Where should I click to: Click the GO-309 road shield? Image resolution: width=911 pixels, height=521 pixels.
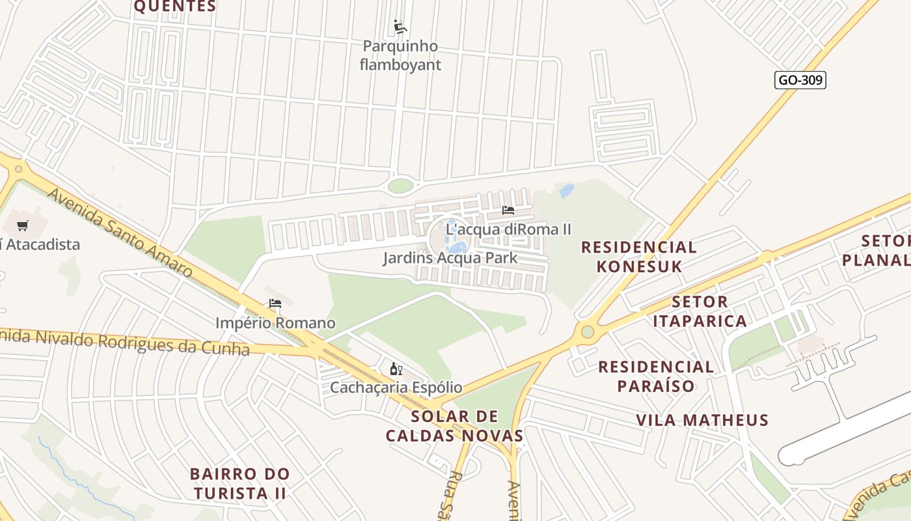pyautogui.click(x=800, y=80)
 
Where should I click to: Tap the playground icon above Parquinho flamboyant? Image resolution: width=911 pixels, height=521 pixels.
pyautogui.click(x=400, y=27)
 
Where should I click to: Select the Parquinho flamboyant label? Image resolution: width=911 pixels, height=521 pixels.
pyautogui.click(x=400, y=55)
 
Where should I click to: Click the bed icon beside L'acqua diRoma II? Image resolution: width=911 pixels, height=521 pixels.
pyautogui.click(x=508, y=210)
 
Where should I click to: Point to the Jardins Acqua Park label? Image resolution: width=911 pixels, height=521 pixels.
pyautogui.click(x=450, y=258)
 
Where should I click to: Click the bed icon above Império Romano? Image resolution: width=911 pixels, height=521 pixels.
pyautogui.click(x=275, y=303)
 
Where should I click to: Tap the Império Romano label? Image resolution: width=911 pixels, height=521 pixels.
pyautogui.click(x=275, y=323)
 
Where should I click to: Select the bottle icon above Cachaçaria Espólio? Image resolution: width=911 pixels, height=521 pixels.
pyautogui.click(x=395, y=369)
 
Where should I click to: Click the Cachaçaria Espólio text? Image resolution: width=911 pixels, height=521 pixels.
pyautogui.click(x=396, y=387)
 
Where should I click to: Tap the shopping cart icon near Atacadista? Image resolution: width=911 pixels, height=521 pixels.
pyautogui.click(x=23, y=226)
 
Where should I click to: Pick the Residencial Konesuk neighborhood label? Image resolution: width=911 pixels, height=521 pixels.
pyautogui.click(x=638, y=257)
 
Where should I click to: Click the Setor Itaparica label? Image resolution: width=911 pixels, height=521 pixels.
pyautogui.click(x=700, y=311)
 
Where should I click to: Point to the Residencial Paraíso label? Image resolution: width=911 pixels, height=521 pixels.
pyautogui.click(x=656, y=376)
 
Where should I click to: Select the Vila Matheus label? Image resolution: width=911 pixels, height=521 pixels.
pyautogui.click(x=702, y=420)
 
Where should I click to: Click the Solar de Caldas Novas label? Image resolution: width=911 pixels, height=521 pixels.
pyautogui.click(x=454, y=426)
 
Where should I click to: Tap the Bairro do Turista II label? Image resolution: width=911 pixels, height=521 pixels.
pyautogui.click(x=239, y=483)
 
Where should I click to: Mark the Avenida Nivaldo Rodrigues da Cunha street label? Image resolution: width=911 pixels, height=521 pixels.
pyautogui.click(x=124, y=341)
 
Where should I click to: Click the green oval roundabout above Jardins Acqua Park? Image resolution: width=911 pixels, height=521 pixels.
pyautogui.click(x=401, y=186)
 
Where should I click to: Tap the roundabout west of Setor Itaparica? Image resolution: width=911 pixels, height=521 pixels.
pyautogui.click(x=588, y=332)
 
